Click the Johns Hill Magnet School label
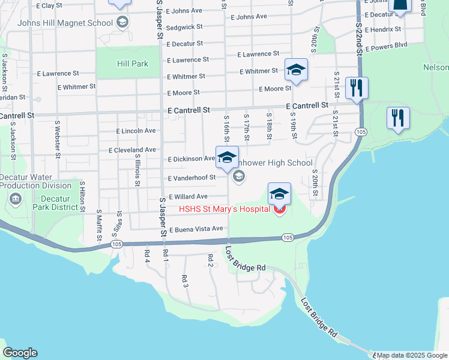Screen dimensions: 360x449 click(65, 23)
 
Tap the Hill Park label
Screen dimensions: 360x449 click(116, 64)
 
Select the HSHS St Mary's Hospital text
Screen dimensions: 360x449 click(225, 209)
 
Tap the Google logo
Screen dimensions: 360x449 click(20, 353)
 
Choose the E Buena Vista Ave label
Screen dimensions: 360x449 click(196, 229)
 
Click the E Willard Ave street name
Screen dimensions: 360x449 click(188, 196)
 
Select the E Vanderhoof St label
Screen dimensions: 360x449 click(191, 178)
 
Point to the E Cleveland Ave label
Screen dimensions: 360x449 click(131, 150)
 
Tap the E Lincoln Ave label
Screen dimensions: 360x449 click(136, 131)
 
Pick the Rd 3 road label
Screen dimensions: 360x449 click(185, 280)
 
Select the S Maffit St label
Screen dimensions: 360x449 click(99, 226)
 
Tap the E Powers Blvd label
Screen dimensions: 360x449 click(385, 44)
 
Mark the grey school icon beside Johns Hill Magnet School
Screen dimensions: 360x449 click(122, 23)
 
